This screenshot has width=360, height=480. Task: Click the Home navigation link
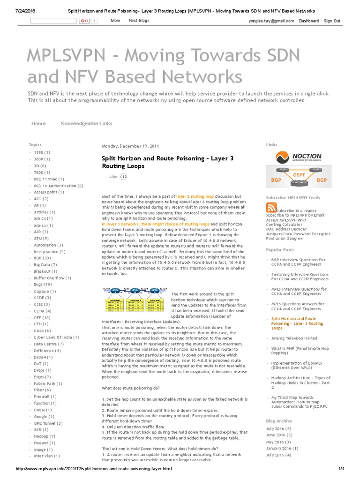[x=38, y=123]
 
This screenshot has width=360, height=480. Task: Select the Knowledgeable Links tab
[x=86, y=123]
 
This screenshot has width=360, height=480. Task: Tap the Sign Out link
[x=332, y=21]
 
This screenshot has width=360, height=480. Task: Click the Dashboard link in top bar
[x=309, y=21]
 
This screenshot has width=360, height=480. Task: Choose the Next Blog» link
[x=139, y=21]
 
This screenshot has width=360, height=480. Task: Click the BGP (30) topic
[x=42, y=258]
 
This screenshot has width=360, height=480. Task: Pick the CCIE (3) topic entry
[x=42, y=304]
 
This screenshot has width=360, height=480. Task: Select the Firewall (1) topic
[x=45, y=397]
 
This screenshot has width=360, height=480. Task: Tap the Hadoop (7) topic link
[x=44, y=436]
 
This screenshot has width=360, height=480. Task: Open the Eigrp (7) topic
[x=42, y=377]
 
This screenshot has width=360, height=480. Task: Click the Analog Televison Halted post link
[x=294, y=338]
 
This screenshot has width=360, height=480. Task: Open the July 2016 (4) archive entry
[x=278, y=428]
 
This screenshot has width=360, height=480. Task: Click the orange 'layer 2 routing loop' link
[x=195, y=196]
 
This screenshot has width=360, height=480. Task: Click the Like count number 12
[x=124, y=177]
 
